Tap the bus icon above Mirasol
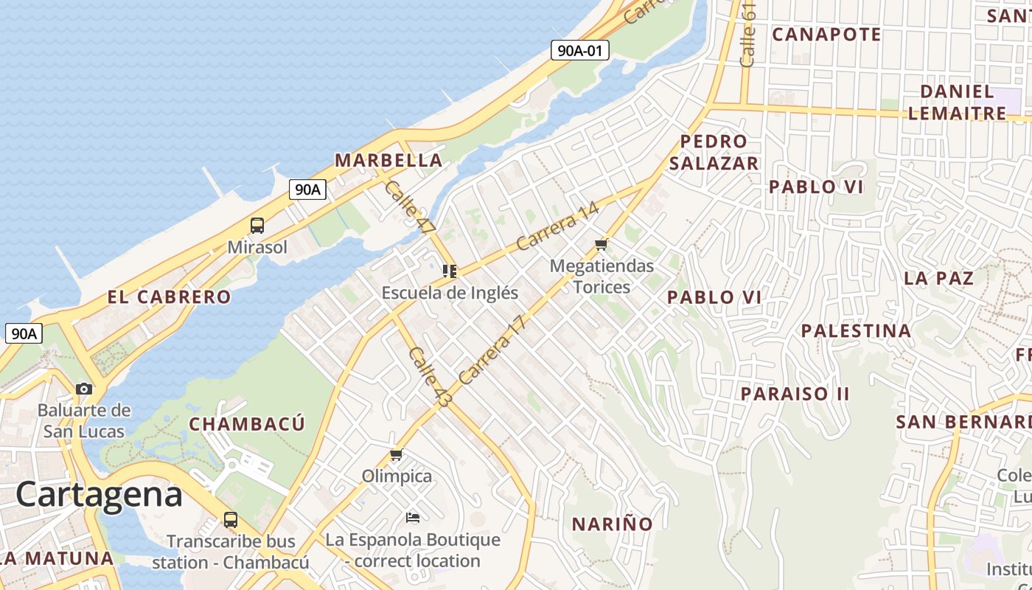tap(257, 226)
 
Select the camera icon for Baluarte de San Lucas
tap(84, 389)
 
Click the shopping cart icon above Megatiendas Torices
tap(602, 244)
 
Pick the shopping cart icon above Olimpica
tap(397, 454)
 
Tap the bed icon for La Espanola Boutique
tap(413, 518)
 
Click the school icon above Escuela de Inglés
tap(450, 271)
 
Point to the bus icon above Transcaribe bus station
tap(231, 519)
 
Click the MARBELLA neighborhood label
tap(388, 160)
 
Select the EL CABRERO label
tap(170, 297)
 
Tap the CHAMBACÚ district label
tap(247, 424)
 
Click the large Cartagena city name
tap(99, 494)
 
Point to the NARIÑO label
tap(613, 524)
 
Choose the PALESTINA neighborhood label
tap(857, 330)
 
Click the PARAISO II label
tap(795, 394)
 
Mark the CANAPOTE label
tap(826, 35)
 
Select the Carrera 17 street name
tap(493, 350)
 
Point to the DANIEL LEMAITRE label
tap(958, 102)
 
